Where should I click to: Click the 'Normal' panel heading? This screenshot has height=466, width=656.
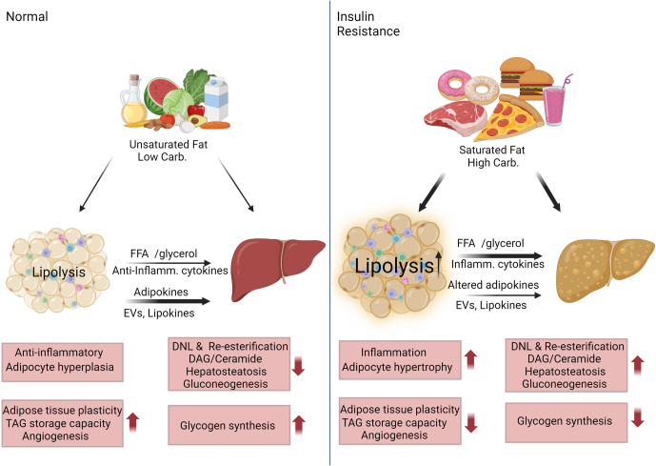(27, 17)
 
